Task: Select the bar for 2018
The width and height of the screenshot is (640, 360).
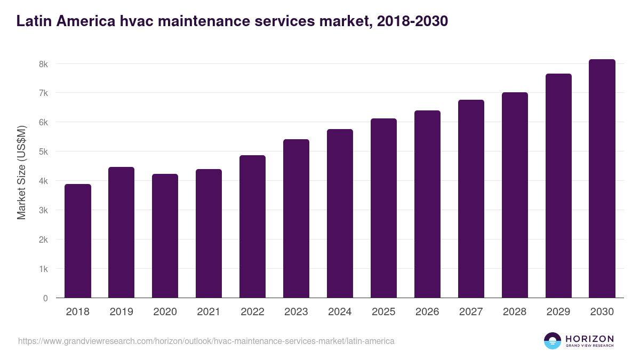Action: click(x=78, y=241)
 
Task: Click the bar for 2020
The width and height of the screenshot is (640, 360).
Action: click(x=165, y=236)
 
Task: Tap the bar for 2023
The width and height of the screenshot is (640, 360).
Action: click(x=296, y=219)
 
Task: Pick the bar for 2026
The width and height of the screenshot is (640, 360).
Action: click(x=427, y=204)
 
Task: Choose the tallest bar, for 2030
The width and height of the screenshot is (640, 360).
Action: click(x=602, y=179)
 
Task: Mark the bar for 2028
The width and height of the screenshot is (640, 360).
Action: click(x=515, y=195)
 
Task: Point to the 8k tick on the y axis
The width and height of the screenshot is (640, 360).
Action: click(x=43, y=64)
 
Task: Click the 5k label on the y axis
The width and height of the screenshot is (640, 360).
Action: click(x=43, y=151)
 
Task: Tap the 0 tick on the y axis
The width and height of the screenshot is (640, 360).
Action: click(x=45, y=298)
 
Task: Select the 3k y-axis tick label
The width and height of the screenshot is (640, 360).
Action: click(x=43, y=210)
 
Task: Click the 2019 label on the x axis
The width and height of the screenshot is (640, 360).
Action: click(x=122, y=312)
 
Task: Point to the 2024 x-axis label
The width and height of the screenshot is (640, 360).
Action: click(x=340, y=312)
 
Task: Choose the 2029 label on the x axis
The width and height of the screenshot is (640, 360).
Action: click(x=558, y=312)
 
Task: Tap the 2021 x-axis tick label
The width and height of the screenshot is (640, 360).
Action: click(x=209, y=312)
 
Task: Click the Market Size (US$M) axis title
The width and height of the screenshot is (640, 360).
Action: click(x=21, y=173)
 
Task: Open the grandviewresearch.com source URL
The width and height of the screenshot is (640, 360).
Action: click(x=206, y=341)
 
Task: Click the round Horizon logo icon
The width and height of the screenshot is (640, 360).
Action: click(x=553, y=341)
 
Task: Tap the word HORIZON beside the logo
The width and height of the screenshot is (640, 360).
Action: click(x=589, y=339)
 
